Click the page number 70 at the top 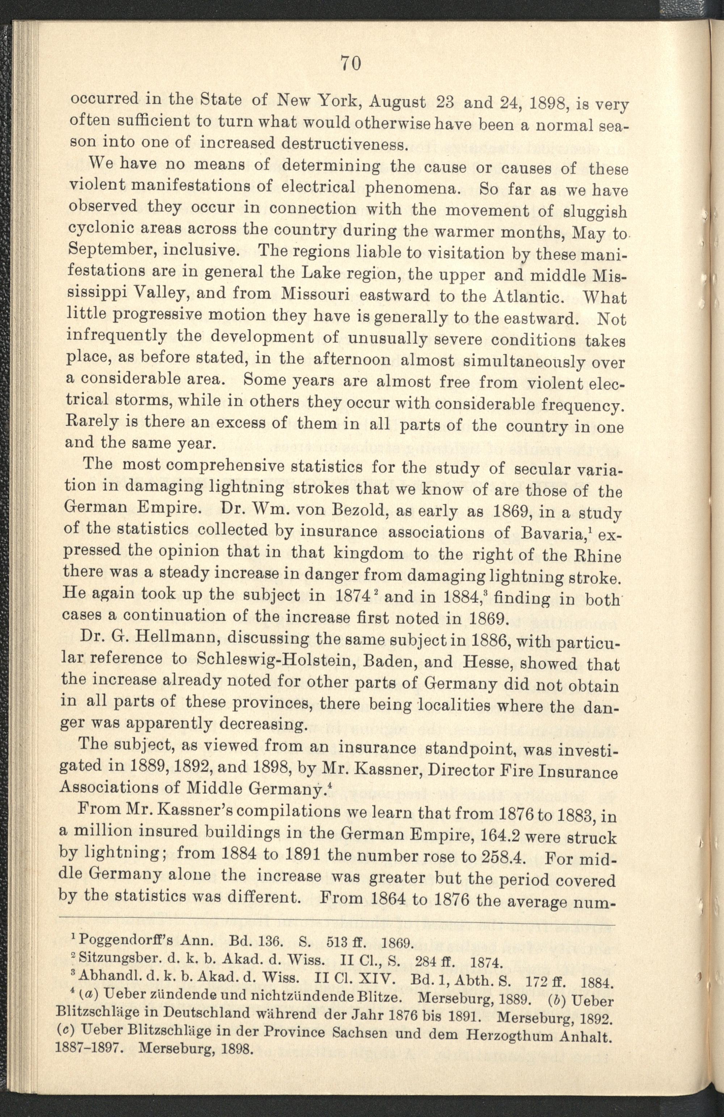(x=351, y=63)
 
